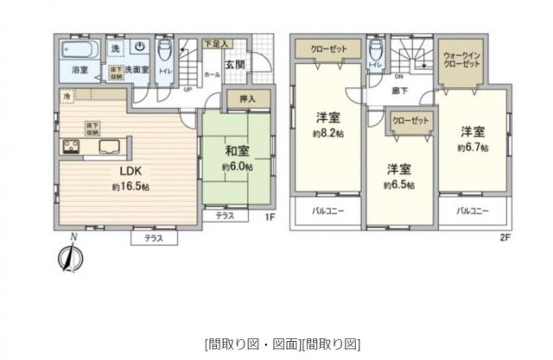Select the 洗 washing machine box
(114, 49)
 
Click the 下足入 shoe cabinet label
(215, 42)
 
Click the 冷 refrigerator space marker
(67, 98)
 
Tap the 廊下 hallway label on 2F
(399, 90)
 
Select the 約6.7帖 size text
(472, 148)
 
